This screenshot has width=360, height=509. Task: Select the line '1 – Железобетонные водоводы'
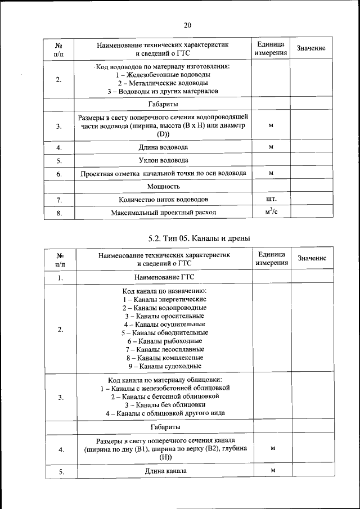coord(164,75)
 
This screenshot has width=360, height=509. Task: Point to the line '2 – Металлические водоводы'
coord(164,83)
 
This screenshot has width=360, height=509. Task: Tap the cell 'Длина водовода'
coord(164,147)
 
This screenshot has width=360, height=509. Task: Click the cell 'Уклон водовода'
coord(164,160)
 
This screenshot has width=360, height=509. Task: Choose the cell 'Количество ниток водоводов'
coord(164,200)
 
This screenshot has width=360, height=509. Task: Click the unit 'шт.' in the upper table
coord(271,199)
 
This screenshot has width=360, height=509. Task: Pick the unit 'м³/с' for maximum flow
coord(271,212)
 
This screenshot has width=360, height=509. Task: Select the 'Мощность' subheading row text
coord(164,186)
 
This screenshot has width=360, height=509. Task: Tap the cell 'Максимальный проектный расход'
coord(164,213)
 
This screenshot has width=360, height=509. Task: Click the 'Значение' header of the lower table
coord(312,258)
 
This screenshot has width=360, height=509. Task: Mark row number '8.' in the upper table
coord(59,213)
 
